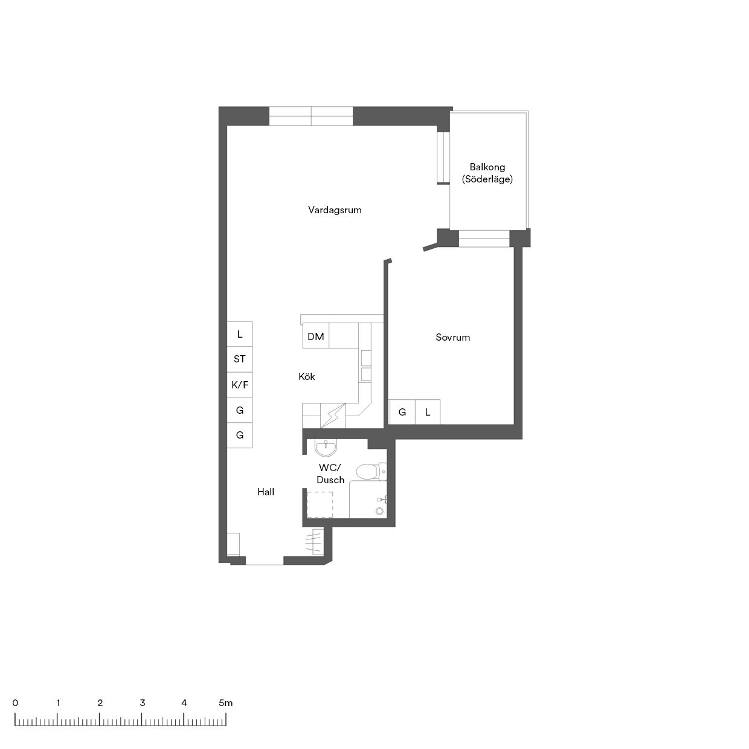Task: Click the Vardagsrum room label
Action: coord(335,210)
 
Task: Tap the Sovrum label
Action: coord(453,338)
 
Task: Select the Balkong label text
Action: coord(487,167)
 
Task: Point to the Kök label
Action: coord(307,376)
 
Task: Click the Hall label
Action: coord(266,492)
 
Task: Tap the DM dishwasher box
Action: coord(316,335)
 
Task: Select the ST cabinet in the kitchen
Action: coord(239,359)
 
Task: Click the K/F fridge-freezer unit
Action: coord(239,385)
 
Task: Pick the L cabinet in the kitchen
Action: coord(239,334)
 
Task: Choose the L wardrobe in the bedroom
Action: coord(428,412)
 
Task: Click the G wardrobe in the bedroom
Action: coord(402,412)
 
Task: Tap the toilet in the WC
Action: coord(371,472)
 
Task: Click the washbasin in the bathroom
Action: coord(326,449)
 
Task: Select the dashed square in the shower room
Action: coord(320,504)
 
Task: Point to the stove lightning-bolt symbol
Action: coord(333,416)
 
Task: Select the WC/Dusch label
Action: coord(330,474)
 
